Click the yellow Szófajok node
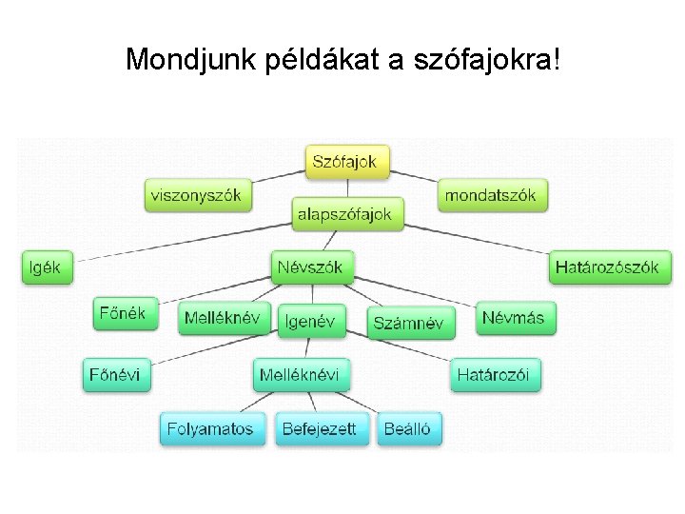point(347,161)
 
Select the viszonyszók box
point(196,196)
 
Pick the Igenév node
point(310,322)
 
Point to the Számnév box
point(408,323)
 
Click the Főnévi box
point(115,374)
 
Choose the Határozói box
point(496,374)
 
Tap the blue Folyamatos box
point(210,428)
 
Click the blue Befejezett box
point(319,428)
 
